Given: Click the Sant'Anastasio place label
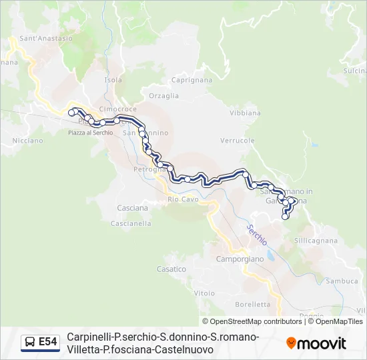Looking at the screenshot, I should (x=46, y=39).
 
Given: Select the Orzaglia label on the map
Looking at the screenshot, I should (x=164, y=95).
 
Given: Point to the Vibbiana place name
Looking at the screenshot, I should (x=245, y=113).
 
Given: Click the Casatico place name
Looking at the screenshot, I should (x=171, y=269).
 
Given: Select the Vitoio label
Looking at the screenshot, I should (x=204, y=293).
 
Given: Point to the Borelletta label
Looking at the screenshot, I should (x=253, y=304).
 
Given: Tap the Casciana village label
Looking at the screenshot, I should (x=133, y=208).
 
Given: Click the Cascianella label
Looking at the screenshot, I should (x=131, y=224).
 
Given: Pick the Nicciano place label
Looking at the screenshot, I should (x=27, y=141).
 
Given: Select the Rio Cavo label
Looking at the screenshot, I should (x=183, y=199).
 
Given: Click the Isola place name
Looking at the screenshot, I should (x=113, y=80).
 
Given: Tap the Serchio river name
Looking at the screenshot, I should (x=256, y=234).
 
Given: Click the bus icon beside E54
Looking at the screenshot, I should (x=30, y=343).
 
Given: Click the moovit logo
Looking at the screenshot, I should (x=316, y=343).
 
